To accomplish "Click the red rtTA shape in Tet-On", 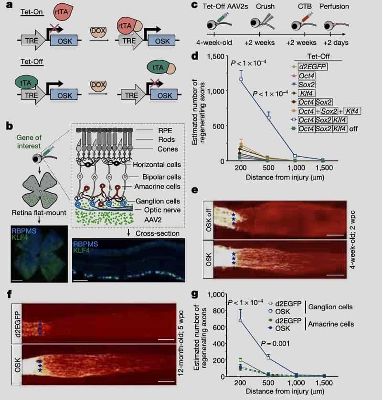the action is coord(63,12).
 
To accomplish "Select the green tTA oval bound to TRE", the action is coord(26,83).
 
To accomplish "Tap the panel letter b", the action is coord(10,126).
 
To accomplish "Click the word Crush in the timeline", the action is coord(265,6).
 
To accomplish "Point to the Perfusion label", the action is coord(334,6).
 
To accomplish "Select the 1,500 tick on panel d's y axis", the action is coord(216,56).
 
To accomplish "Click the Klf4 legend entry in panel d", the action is coord(306,94).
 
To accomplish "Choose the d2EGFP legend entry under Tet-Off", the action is coord(313,67).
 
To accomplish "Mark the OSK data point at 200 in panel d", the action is coord(241,79).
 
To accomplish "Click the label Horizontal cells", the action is coord(157,165).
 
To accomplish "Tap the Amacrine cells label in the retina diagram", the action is coord(157,187).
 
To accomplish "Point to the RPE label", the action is coord(165,131).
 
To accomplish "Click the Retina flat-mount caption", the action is coord(39,213).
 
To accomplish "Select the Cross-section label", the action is coord(158,233).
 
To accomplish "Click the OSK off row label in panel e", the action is coord(209,220).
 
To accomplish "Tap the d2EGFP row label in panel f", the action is coord(17,324).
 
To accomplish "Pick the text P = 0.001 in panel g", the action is coord(275,344).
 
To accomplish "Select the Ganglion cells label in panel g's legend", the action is coord(330,307).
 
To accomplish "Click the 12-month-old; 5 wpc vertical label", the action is coord(181,343).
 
